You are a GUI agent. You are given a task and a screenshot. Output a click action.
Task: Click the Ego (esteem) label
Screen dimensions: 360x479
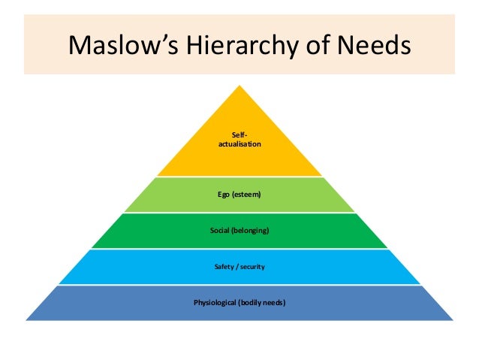pyautogui.click(x=239, y=195)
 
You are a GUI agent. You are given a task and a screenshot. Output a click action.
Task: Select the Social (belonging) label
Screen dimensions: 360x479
pyautogui.click(x=239, y=230)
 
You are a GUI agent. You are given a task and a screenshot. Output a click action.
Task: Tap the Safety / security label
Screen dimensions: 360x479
pyautogui.click(x=239, y=267)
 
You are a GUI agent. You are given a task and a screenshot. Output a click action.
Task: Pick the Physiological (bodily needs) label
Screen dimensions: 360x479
pyautogui.click(x=239, y=303)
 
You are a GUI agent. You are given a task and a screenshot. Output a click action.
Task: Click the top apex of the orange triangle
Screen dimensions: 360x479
pyautogui.click(x=240, y=86)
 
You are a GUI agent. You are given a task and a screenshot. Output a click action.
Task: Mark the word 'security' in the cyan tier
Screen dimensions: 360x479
pyautogui.click(x=252, y=267)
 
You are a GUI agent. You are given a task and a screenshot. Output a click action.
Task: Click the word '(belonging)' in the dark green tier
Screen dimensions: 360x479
pyautogui.click(x=251, y=230)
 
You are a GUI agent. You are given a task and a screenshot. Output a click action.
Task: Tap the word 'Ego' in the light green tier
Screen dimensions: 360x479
pyautogui.click(x=224, y=195)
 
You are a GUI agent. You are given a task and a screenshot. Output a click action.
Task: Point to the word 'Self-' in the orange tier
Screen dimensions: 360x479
pyautogui.click(x=240, y=134)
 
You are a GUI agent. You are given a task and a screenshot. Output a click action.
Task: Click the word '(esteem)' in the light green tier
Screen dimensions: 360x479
pyautogui.click(x=247, y=195)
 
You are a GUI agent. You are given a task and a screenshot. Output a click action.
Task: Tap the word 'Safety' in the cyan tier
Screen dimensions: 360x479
pyautogui.click(x=224, y=267)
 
